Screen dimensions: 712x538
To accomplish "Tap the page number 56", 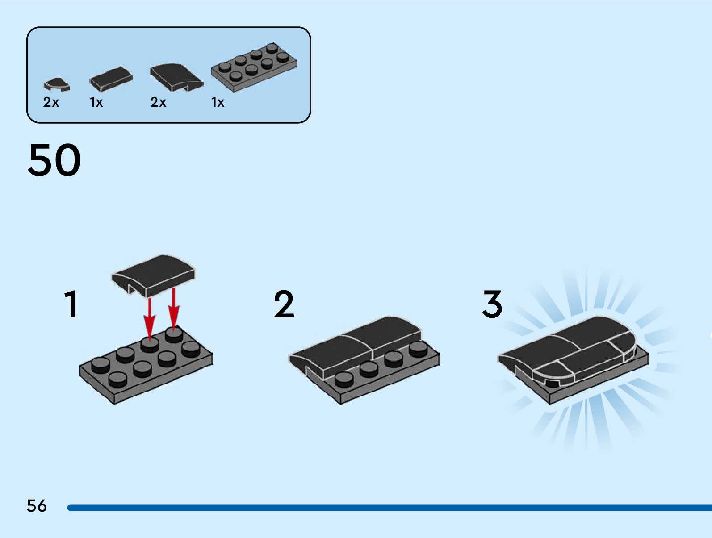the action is point(37,506).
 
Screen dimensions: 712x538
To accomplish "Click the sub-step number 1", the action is point(71,304).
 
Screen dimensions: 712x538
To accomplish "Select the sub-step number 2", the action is point(284,304).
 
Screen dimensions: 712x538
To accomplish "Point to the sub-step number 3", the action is point(492,304).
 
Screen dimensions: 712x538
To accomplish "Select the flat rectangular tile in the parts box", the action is point(111,79).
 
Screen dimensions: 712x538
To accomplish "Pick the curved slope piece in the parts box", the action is point(176,76).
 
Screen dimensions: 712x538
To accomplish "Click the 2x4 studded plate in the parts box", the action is point(254,67).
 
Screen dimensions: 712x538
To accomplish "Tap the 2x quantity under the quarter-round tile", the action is point(51,102).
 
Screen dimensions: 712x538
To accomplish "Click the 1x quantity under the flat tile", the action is point(96,102).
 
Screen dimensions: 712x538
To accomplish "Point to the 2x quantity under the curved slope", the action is point(158,102).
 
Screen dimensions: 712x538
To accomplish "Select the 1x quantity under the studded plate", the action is point(218,102).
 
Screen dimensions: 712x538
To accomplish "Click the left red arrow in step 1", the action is point(150,319).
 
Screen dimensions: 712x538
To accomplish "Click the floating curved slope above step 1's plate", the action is point(153,275).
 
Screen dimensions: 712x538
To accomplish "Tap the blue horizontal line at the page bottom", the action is point(389,508).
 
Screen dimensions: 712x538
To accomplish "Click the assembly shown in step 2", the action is point(364,357).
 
